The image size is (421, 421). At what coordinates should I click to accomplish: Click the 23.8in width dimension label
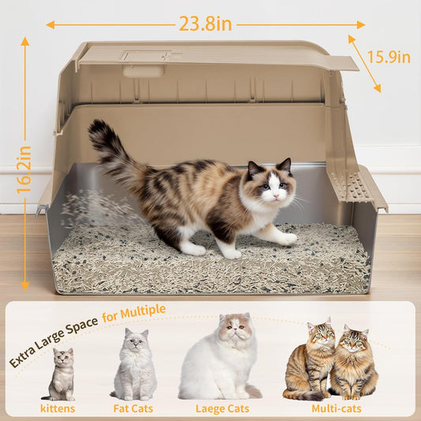205,24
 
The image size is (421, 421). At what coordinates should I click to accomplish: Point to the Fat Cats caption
134,408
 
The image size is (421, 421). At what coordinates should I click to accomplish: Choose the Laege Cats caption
219,408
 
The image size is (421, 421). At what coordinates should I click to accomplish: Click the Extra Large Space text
53,340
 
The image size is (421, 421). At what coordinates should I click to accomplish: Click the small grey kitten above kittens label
62,374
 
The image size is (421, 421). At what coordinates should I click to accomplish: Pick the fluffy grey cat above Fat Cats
134,365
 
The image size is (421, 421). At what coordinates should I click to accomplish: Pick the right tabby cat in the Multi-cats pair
353,363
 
